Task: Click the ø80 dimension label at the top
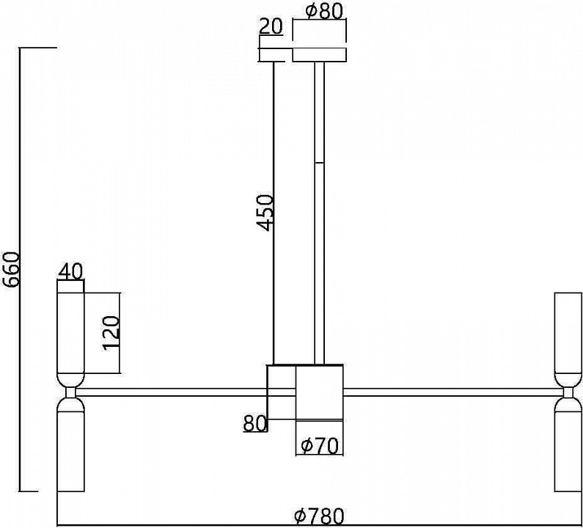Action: point(323,12)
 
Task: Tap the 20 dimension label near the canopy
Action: point(271,26)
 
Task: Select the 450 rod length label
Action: point(265,213)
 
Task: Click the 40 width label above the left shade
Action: point(70,271)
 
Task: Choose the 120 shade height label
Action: point(111,333)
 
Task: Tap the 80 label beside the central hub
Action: point(255,423)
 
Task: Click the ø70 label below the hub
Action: point(320,446)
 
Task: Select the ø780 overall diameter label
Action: point(320,516)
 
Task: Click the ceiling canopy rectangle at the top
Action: point(320,55)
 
